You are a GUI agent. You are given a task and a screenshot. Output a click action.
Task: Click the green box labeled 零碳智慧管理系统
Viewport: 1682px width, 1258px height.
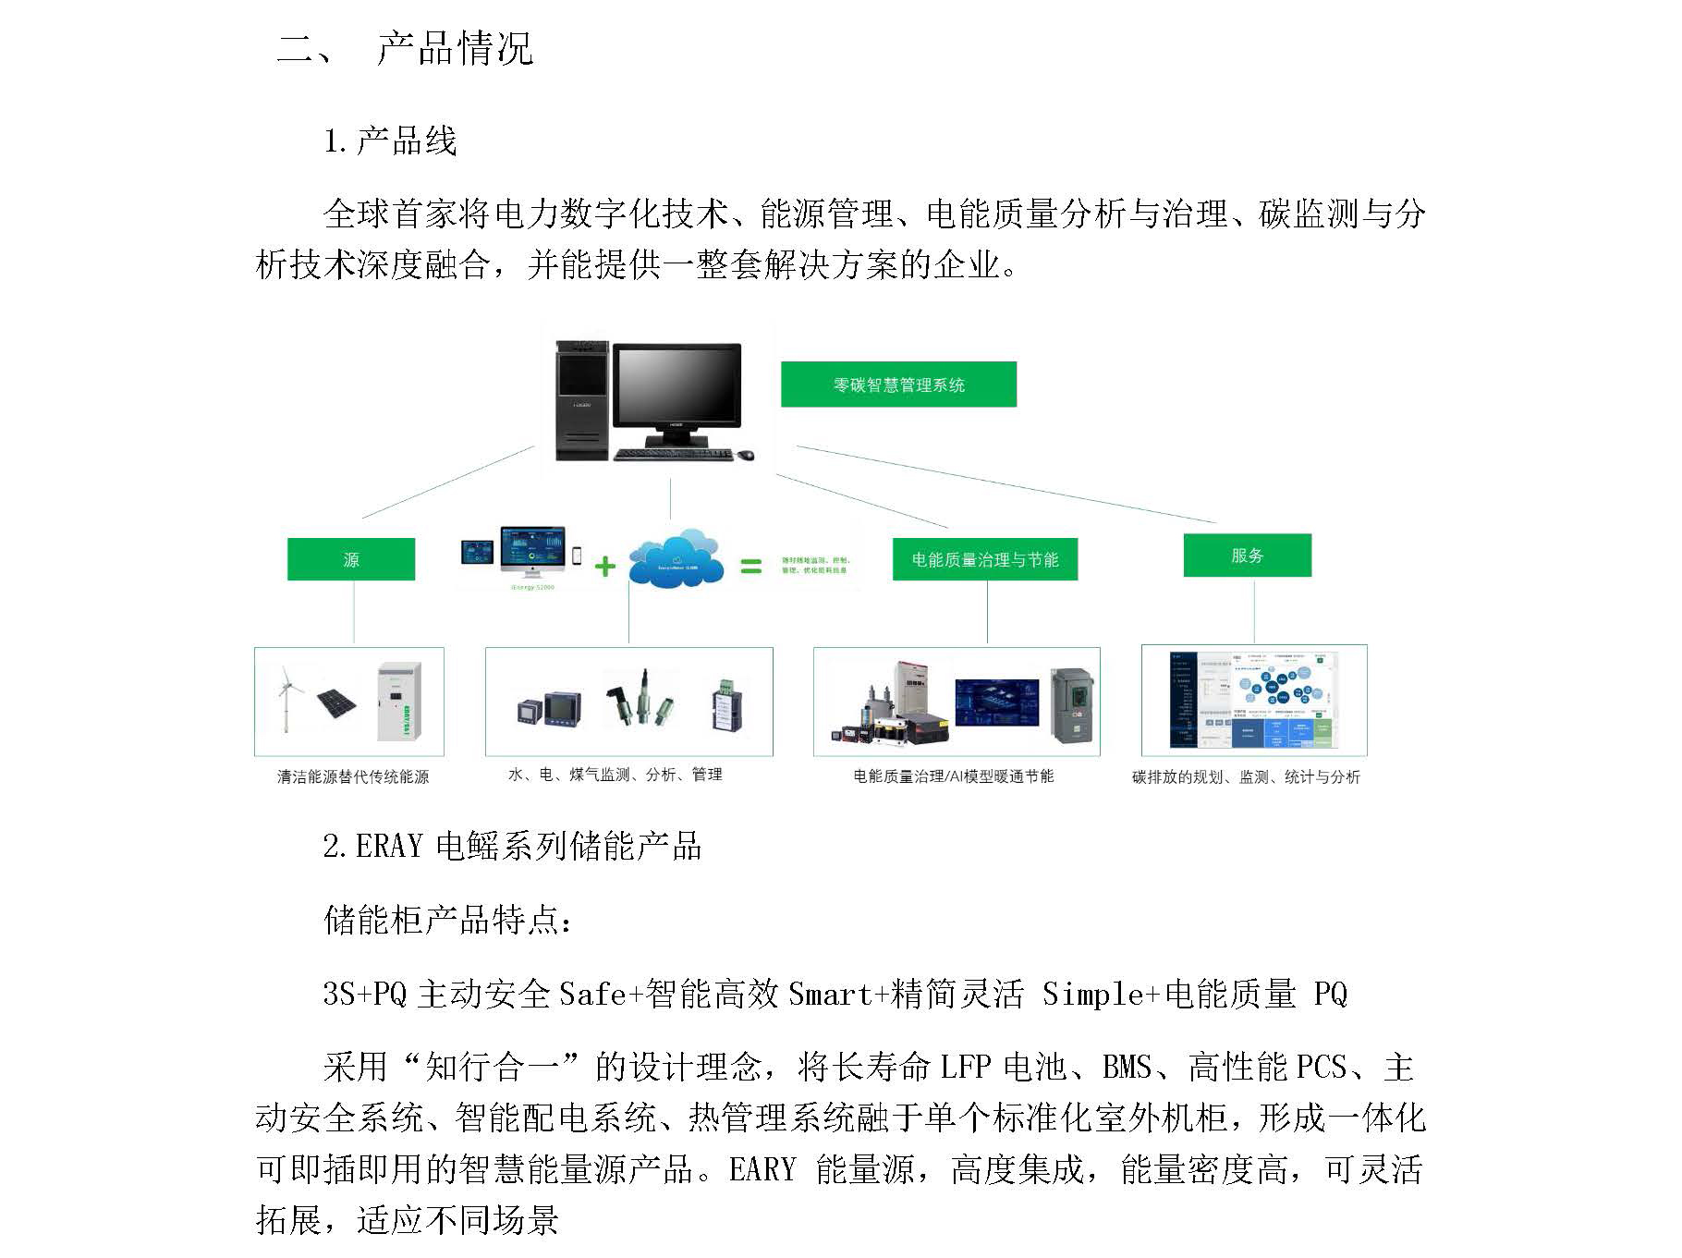click(x=898, y=385)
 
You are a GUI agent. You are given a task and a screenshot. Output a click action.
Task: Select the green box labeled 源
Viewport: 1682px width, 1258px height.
click(x=351, y=559)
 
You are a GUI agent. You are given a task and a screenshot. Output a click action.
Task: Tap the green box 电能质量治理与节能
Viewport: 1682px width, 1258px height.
click(x=984, y=559)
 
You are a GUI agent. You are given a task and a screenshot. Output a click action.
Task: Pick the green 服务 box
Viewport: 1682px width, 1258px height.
click(x=1247, y=556)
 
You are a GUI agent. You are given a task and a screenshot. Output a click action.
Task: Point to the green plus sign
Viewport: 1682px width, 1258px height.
click(x=604, y=566)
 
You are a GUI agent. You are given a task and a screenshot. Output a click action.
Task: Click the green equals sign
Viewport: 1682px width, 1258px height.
click(x=751, y=566)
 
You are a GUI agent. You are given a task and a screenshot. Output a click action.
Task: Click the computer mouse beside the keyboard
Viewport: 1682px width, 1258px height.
click(x=745, y=454)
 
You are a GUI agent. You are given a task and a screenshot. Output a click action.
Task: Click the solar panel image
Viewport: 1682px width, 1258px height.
click(x=336, y=702)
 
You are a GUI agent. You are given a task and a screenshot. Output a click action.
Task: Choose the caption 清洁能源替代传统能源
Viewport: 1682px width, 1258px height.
click(x=353, y=776)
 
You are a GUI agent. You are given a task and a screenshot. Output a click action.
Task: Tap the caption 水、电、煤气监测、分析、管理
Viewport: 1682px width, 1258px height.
click(x=616, y=775)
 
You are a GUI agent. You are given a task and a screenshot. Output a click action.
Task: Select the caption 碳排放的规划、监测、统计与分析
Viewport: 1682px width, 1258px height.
click(x=1246, y=777)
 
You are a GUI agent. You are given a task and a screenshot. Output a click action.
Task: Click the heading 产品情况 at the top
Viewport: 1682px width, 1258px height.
click(x=455, y=48)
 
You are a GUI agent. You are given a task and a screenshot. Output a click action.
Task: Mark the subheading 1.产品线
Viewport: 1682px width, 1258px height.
click(x=390, y=141)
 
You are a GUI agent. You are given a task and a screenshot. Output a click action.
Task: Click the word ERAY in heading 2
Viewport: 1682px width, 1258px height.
click(x=389, y=846)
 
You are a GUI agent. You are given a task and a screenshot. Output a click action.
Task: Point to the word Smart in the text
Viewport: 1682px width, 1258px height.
click(x=830, y=994)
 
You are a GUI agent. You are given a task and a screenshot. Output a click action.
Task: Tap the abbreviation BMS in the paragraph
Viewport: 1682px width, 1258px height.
click(x=1127, y=1068)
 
